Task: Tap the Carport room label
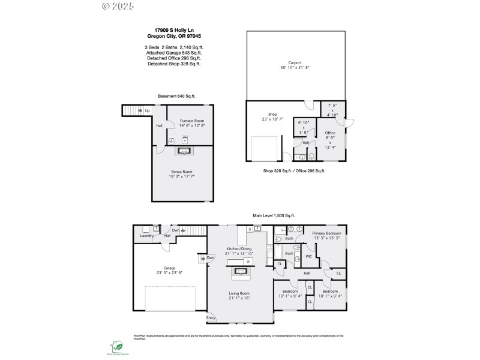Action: pos(295,62)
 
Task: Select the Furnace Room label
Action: pos(192,121)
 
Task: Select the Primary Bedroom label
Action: pos(326,233)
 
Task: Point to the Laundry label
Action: pos(147,236)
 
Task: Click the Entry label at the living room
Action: pos(211,318)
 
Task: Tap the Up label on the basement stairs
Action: pos(147,111)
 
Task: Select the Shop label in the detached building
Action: pos(272,113)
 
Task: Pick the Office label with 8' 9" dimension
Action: pos(330,133)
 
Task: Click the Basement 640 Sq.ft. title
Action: pos(176,96)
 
